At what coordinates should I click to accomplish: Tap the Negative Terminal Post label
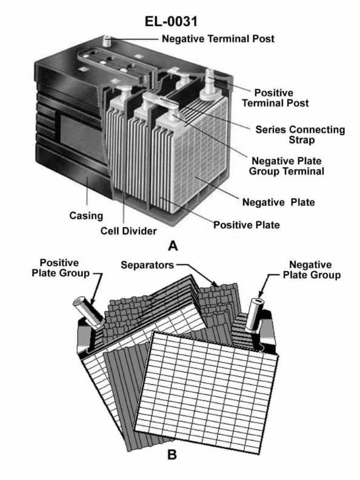(218, 39)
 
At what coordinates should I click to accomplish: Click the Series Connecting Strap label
(299, 135)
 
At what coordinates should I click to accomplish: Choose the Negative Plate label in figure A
(278, 202)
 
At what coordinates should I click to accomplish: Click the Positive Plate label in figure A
(246, 225)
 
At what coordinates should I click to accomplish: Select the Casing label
(85, 215)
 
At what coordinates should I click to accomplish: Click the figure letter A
(173, 246)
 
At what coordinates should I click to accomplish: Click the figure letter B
(172, 453)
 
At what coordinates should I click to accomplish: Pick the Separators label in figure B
(147, 265)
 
